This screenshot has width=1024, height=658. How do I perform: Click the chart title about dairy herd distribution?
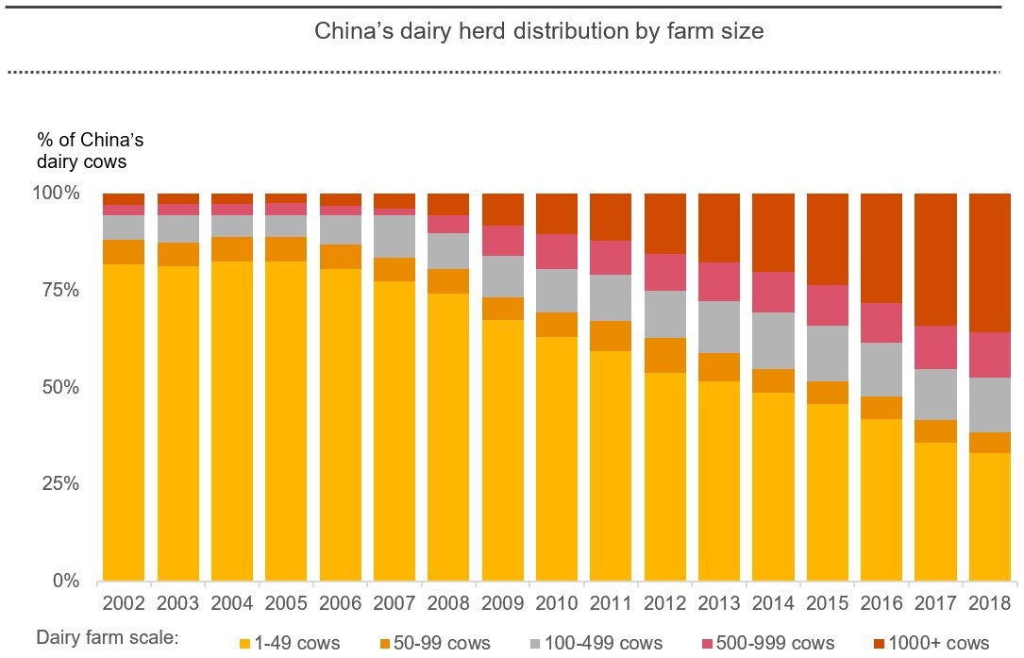539,31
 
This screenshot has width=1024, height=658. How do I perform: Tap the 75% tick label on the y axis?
60,290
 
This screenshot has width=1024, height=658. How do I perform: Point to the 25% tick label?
60,483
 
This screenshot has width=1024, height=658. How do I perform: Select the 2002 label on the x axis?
124,602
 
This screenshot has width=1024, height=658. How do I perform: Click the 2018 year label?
989,602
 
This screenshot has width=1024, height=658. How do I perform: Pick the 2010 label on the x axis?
557,602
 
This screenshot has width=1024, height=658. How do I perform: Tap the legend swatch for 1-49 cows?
244,644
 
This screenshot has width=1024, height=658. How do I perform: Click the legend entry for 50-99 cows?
435,643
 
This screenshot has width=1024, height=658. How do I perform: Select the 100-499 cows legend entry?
596,643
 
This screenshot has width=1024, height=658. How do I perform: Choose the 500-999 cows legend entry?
768,643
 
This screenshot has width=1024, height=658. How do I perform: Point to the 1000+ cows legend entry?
932,643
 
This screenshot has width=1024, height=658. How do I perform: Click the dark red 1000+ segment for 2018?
989,263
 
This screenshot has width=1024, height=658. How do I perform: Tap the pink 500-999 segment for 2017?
935,347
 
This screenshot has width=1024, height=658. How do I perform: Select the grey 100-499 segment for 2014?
773,341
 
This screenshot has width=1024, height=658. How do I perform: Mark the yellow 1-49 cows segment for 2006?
341,425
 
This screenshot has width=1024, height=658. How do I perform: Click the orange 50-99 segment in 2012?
664,356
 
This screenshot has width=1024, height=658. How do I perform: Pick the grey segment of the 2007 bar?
394,237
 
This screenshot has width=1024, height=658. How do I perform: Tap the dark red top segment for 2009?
503,210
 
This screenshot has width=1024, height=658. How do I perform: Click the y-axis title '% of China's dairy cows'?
90,151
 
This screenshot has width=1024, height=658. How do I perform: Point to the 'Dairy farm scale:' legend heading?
108,638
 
